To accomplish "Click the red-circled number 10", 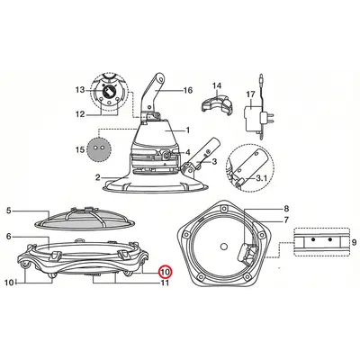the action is point(165,272).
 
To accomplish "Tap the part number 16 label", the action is point(188,90).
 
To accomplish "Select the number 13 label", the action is point(80,90).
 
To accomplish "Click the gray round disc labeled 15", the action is point(99,148).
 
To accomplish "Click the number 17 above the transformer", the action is point(250,94).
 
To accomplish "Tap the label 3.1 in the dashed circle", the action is point(261,178).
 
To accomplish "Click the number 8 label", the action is point(286,208).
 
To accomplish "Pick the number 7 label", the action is point(286,220).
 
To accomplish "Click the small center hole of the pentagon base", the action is point(223,247).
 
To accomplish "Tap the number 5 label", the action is point(9,211).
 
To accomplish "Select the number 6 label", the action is point(9,237).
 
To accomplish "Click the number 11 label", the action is point(165,283).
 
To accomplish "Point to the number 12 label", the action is point(80,114).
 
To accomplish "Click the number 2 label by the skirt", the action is point(98,177).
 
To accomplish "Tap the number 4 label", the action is point(187,152).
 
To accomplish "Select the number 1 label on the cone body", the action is point(188,130).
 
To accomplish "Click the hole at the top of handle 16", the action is point(161,79).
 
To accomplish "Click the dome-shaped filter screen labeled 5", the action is point(85,218).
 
